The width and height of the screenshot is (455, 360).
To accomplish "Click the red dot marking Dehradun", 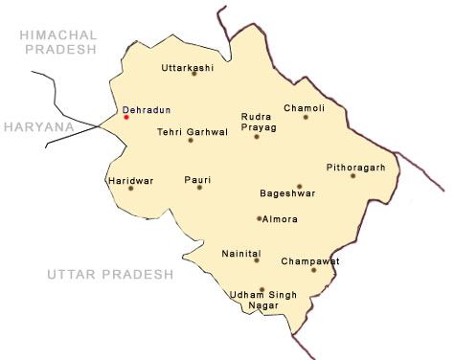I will (x=125, y=118).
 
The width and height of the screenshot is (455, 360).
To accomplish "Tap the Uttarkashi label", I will (x=188, y=68).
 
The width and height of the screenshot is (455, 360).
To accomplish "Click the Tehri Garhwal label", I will (x=193, y=133).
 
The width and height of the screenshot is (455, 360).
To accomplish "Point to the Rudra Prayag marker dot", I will (x=257, y=137).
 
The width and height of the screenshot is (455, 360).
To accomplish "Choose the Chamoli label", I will (x=304, y=108).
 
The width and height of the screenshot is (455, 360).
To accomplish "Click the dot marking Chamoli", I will (x=306, y=117).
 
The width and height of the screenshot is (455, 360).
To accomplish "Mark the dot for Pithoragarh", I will (x=353, y=175).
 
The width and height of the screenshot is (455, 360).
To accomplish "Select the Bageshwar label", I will (x=288, y=193).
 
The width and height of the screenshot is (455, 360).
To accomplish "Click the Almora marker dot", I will (x=259, y=218).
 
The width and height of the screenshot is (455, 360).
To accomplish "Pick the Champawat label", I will (x=310, y=260).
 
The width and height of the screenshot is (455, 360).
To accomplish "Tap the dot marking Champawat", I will (x=313, y=270).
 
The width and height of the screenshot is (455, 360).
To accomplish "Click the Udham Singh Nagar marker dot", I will (x=261, y=288).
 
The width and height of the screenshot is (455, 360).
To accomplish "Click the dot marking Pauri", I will (x=199, y=187).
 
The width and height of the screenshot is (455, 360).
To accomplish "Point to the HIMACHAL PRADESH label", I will (x=56, y=41).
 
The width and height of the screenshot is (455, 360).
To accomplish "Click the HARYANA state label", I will (x=37, y=125).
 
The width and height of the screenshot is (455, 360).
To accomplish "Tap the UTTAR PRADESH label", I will (x=109, y=275).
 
